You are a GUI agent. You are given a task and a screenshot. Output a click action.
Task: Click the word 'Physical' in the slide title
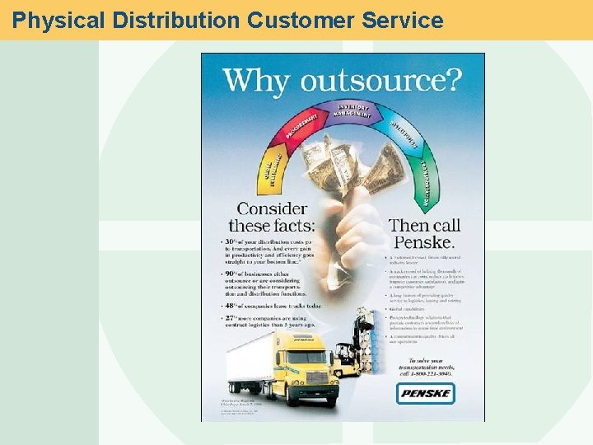pyautogui.click(x=58, y=20)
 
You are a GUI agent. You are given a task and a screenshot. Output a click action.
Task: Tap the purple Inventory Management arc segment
pyautogui.click(x=353, y=110)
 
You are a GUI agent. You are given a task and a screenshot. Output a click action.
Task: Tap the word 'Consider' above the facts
pyautogui.click(x=273, y=209)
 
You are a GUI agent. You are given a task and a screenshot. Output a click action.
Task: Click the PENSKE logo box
pyautogui.click(x=426, y=394)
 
